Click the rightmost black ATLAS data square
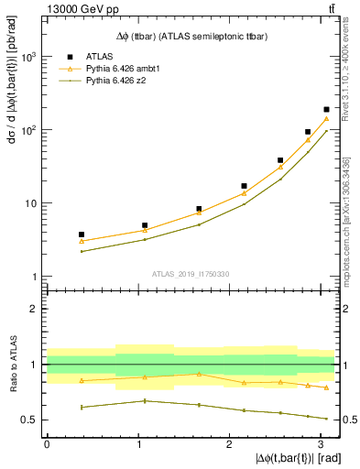pos(326,110)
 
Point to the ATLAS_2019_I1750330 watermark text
pos(190,274)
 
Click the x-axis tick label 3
pos(321,444)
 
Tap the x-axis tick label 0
pos(47,444)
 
